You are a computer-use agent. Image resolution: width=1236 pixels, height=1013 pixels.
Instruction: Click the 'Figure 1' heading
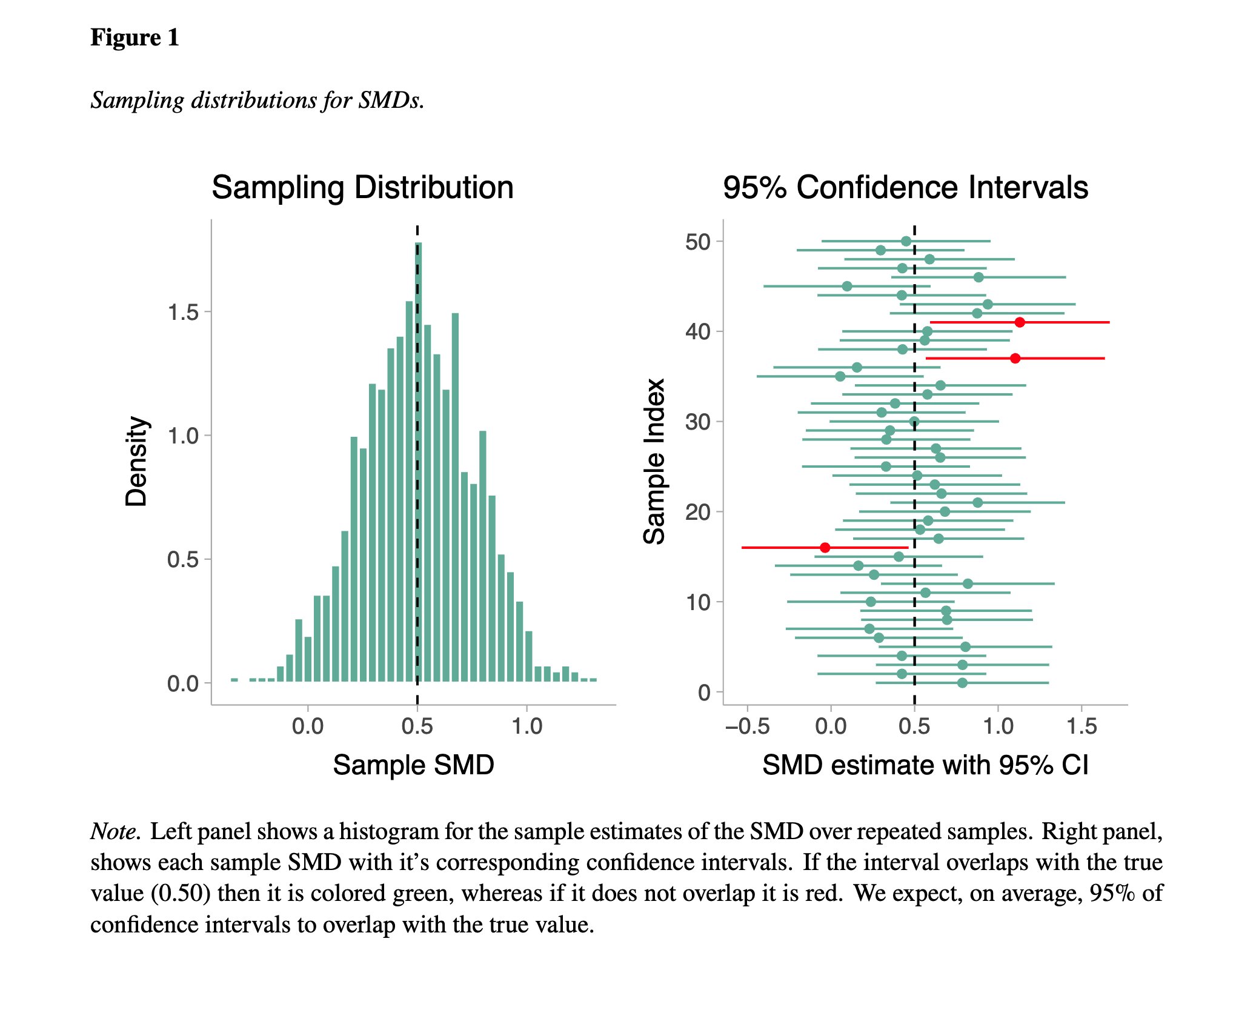135,38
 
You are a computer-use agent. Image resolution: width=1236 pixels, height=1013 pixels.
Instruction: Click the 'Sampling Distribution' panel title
362,187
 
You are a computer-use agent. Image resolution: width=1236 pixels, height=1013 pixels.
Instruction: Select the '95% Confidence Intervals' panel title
905,187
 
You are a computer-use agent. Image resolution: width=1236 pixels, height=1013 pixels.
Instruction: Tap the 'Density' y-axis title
136,461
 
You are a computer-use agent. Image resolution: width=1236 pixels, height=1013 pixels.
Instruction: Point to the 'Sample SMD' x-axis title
413,765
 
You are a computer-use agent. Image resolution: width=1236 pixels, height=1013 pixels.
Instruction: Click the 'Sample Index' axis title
654,461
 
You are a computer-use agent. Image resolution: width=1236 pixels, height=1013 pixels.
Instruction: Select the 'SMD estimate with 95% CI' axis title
925,765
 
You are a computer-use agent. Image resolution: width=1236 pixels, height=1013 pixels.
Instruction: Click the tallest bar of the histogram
418,460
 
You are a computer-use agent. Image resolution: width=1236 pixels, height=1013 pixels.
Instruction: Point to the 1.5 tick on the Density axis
183,313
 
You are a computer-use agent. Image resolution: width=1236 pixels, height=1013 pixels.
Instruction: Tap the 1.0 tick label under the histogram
527,726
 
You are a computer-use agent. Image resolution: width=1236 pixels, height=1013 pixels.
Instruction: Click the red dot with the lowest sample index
825,548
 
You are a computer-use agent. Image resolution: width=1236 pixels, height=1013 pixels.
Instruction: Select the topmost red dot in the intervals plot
1020,322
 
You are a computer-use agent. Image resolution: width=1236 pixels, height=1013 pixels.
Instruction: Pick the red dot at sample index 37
1015,359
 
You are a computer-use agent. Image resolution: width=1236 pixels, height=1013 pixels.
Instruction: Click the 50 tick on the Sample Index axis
698,242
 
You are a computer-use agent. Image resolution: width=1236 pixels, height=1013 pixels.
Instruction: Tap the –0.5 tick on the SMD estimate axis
747,726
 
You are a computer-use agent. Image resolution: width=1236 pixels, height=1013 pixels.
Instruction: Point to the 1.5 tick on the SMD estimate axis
1081,726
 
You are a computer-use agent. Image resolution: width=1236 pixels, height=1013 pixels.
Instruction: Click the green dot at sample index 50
906,241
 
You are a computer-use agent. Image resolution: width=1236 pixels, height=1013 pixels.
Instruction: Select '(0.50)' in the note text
180,894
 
